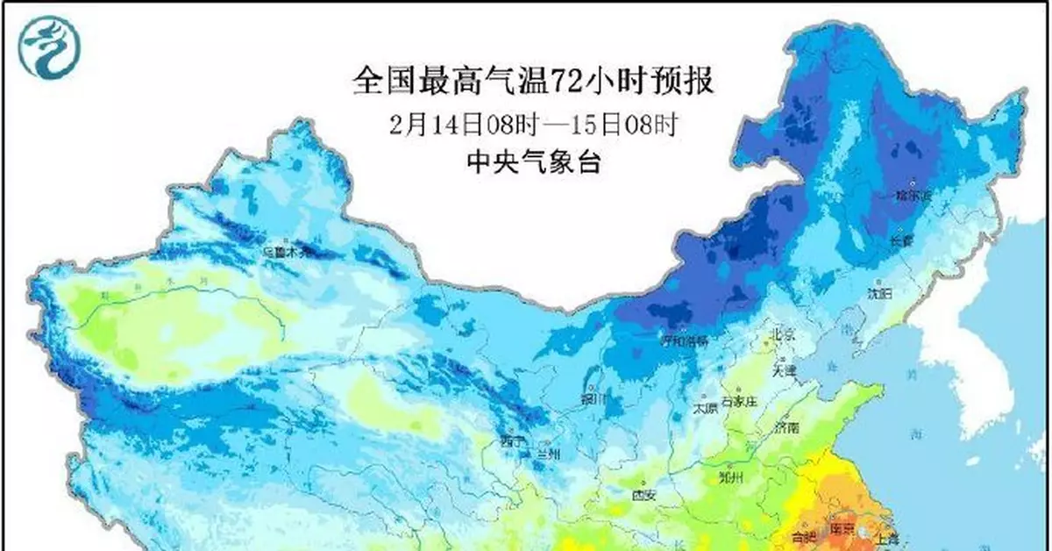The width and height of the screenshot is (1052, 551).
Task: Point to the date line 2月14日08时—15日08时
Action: (534, 124)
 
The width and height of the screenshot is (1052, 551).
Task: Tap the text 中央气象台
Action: (534, 162)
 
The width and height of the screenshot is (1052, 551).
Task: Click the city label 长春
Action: (901, 239)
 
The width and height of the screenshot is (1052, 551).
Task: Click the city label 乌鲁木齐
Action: (288, 252)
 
